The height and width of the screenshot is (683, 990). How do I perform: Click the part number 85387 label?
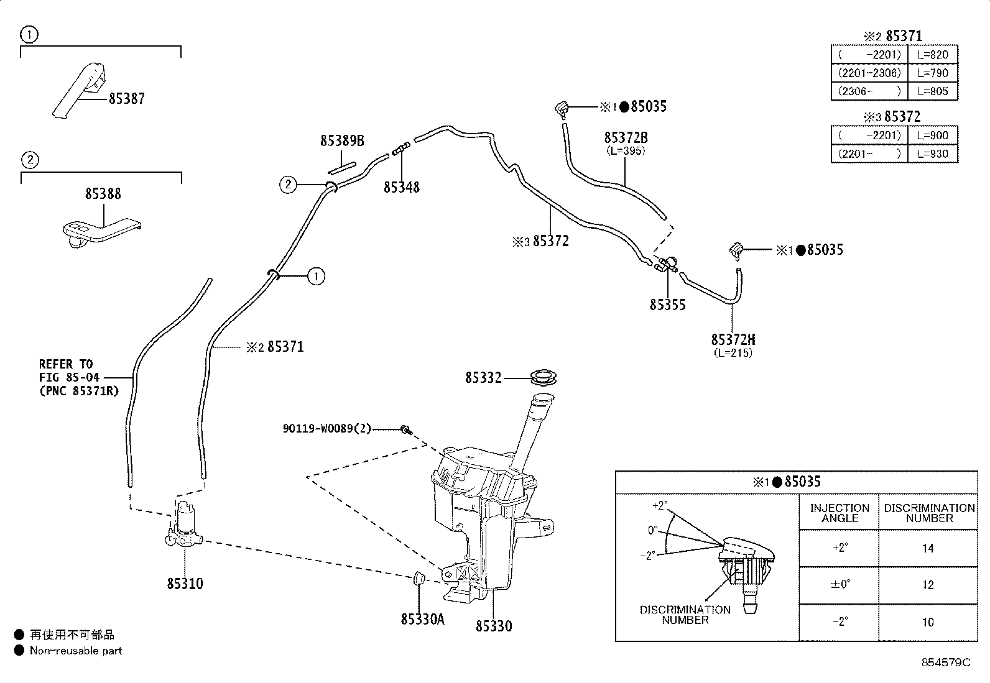click(x=127, y=99)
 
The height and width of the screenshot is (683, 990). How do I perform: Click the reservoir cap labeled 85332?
click(x=543, y=377)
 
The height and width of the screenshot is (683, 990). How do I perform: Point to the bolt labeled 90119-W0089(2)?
click(x=406, y=429)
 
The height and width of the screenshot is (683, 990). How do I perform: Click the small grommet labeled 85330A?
click(x=419, y=578)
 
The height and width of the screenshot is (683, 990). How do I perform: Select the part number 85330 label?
click(x=494, y=626)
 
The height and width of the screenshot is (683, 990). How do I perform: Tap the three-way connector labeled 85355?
click(x=666, y=264)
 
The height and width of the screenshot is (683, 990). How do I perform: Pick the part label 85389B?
click(x=342, y=140)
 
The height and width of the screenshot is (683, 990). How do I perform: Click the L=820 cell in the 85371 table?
click(x=933, y=55)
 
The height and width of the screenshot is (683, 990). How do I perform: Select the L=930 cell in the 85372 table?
click(x=933, y=154)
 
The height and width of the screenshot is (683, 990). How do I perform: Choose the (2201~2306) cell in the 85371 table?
click(x=869, y=73)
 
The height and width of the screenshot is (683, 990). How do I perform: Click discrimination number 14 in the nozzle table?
click(x=928, y=549)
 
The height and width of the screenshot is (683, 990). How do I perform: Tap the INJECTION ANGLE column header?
click(x=840, y=513)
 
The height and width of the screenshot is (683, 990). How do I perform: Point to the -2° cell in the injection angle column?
click(x=840, y=622)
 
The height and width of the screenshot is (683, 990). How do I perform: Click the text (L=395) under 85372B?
click(x=626, y=150)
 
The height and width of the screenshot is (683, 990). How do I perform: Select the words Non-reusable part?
click(x=76, y=650)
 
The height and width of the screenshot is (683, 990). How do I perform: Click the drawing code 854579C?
click(x=946, y=662)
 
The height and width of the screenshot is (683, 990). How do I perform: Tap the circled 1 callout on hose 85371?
click(x=315, y=276)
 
